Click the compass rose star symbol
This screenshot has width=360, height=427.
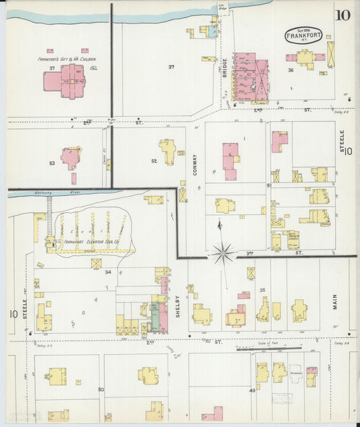point(222,254)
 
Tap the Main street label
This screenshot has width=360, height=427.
point(336,302)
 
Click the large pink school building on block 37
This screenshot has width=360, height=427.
point(66,84)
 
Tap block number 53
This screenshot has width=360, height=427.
point(51,163)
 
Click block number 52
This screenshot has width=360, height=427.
point(154,161)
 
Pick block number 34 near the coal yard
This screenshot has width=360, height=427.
point(107,272)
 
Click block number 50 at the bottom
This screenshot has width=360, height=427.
point(101,390)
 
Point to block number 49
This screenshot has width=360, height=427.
point(252,390)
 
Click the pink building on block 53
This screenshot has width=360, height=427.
point(70,157)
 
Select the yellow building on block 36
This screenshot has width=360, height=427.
point(305,59)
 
